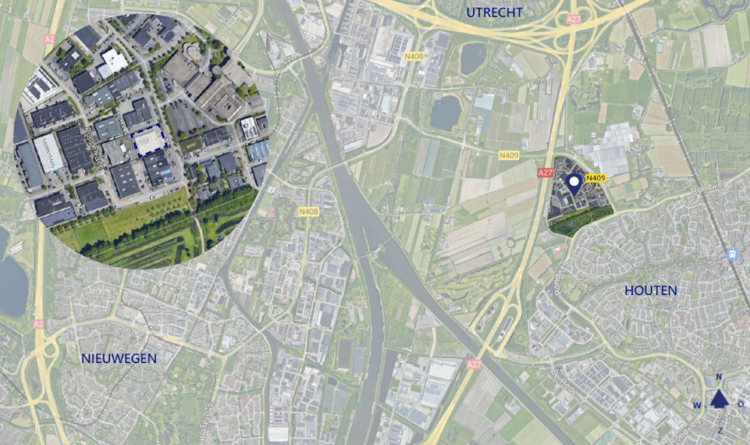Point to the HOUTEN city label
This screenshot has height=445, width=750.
point(650,291)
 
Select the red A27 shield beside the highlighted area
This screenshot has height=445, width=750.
point(544,173)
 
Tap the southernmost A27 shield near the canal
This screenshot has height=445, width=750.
point(474,363)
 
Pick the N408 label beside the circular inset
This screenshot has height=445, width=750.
point(309,212)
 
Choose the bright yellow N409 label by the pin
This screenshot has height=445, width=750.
point(595,178)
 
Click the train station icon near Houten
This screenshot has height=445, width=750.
point(730,253)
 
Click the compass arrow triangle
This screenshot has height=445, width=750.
point(719,397)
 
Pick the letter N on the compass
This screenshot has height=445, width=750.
point(719,377)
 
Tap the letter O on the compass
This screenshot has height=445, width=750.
point(740,404)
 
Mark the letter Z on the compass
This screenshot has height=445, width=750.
point(719,430)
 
